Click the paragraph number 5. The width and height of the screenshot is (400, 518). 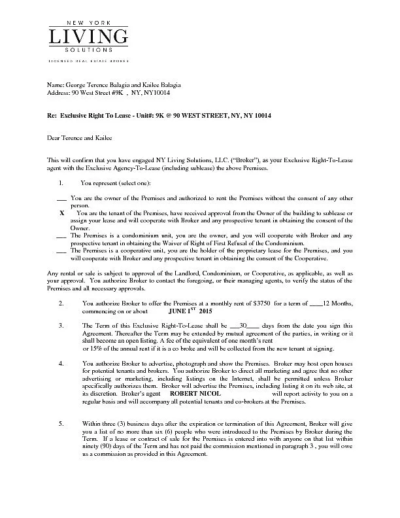tap(61, 424)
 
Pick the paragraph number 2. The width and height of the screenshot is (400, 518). tap(61, 303)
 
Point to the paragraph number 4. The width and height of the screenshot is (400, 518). tap(61, 362)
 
